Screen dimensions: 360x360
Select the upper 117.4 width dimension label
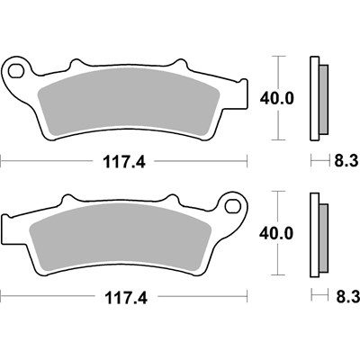[125, 164]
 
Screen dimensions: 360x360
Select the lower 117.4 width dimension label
[125, 295]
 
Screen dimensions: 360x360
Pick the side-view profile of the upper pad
[315, 98]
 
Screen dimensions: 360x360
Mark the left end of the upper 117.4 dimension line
[3, 164]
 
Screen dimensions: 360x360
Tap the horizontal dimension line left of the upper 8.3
[320, 164]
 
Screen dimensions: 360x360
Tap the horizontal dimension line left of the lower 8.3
[320, 295]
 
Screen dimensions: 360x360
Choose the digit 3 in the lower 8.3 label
[352, 295]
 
